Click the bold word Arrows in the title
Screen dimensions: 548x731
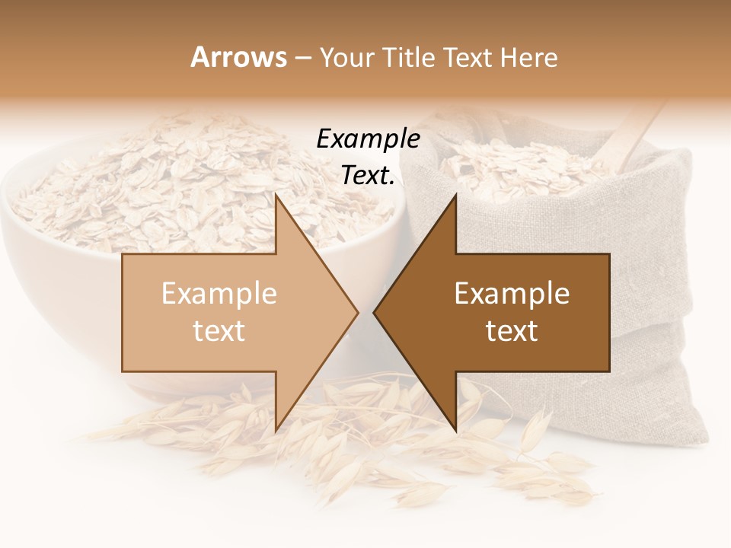238,57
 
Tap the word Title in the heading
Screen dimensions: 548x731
407,57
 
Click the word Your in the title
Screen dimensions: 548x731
343,57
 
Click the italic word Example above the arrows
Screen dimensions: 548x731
368,139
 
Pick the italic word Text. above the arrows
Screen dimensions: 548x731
368,175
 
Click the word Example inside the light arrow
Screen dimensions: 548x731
219,294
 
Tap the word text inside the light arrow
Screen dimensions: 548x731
219,331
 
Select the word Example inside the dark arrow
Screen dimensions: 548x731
512,294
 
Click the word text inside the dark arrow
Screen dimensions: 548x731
512,331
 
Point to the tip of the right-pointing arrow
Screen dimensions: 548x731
357,312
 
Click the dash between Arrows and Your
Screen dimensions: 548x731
302,58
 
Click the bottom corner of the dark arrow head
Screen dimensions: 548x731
455,431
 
